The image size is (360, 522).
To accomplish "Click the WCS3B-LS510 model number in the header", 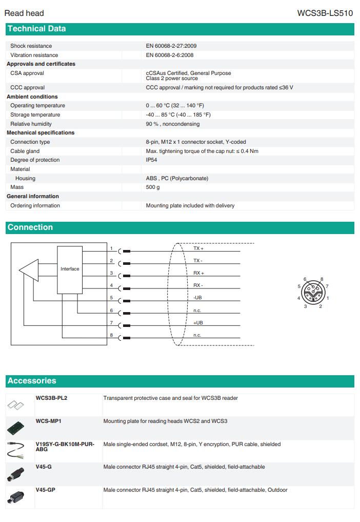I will [325, 13].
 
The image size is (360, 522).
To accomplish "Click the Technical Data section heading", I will [36, 29].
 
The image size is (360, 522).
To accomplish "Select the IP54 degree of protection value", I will [151, 160].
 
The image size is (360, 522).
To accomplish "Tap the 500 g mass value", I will [153, 187].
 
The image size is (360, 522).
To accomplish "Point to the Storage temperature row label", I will [35, 115].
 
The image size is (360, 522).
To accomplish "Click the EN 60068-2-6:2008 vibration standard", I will [170, 55].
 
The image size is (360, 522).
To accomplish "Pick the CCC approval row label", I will [27, 88].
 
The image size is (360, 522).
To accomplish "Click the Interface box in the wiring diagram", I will [70, 269].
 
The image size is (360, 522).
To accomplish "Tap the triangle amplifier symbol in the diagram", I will [30, 269].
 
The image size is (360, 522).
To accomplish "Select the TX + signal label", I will [198, 248].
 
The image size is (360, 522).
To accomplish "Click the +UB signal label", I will [198, 322].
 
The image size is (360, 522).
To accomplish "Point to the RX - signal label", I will [198, 285].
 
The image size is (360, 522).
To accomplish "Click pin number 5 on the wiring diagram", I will [111, 298].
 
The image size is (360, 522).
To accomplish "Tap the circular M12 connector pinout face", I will [312, 293].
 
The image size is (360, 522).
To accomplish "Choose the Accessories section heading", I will [32, 381].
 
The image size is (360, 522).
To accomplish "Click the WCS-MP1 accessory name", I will [49, 421].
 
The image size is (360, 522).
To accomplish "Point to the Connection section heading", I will [30, 227].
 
